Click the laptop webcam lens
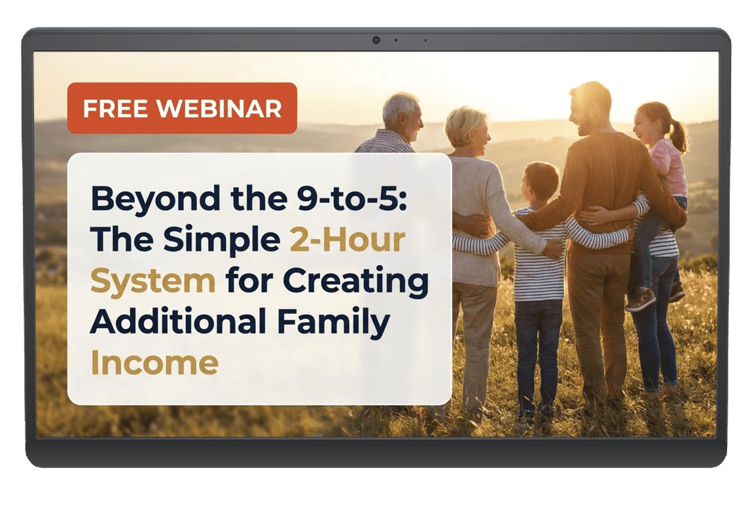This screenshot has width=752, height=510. pyautogui.click(x=376, y=41)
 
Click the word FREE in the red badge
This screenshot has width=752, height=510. pyautogui.click(x=116, y=109)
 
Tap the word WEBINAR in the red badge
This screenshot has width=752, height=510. pyautogui.click(x=219, y=109)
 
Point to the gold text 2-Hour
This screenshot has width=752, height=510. pyautogui.click(x=348, y=240)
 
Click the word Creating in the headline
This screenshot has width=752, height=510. pyautogui.click(x=355, y=282)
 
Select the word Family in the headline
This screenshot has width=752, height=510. pyautogui.click(x=333, y=323)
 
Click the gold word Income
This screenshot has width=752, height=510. pyautogui.click(x=154, y=362)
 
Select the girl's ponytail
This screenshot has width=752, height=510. pyautogui.click(x=679, y=136)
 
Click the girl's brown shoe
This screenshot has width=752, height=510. pyautogui.click(x=640, y=299)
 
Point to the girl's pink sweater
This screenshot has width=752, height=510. pyautogui.click(x=668, y=166)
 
